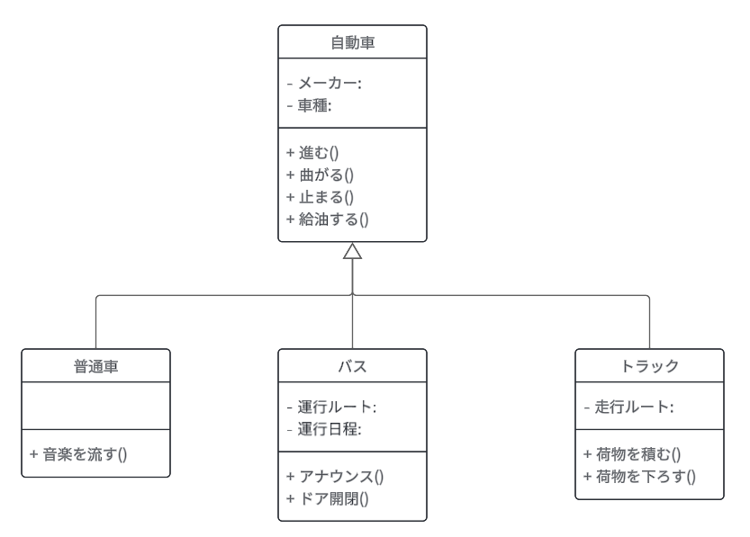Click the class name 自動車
(352, 42)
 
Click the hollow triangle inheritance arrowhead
(352, 252)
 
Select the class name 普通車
(96, 366)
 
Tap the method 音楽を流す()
(78, 454)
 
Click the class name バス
(352, 366)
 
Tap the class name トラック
(649, 366)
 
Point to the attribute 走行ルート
(629, 407)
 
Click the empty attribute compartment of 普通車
(96, 407)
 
